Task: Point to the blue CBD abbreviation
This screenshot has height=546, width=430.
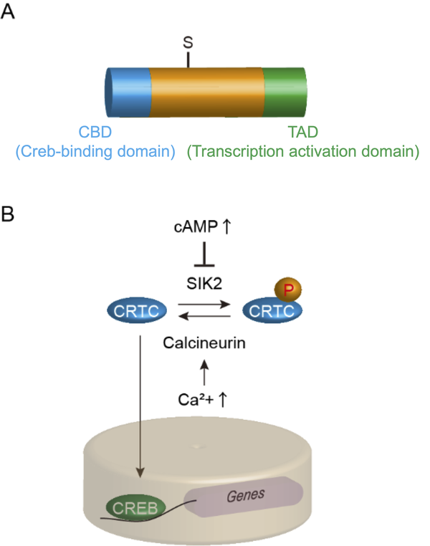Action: pos(96,133)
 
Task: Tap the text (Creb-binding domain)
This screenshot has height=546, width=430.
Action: pos(95,151)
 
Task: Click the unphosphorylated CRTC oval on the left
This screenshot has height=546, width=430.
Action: pos(137,310)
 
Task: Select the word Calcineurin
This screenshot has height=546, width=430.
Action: pos(205,343)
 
